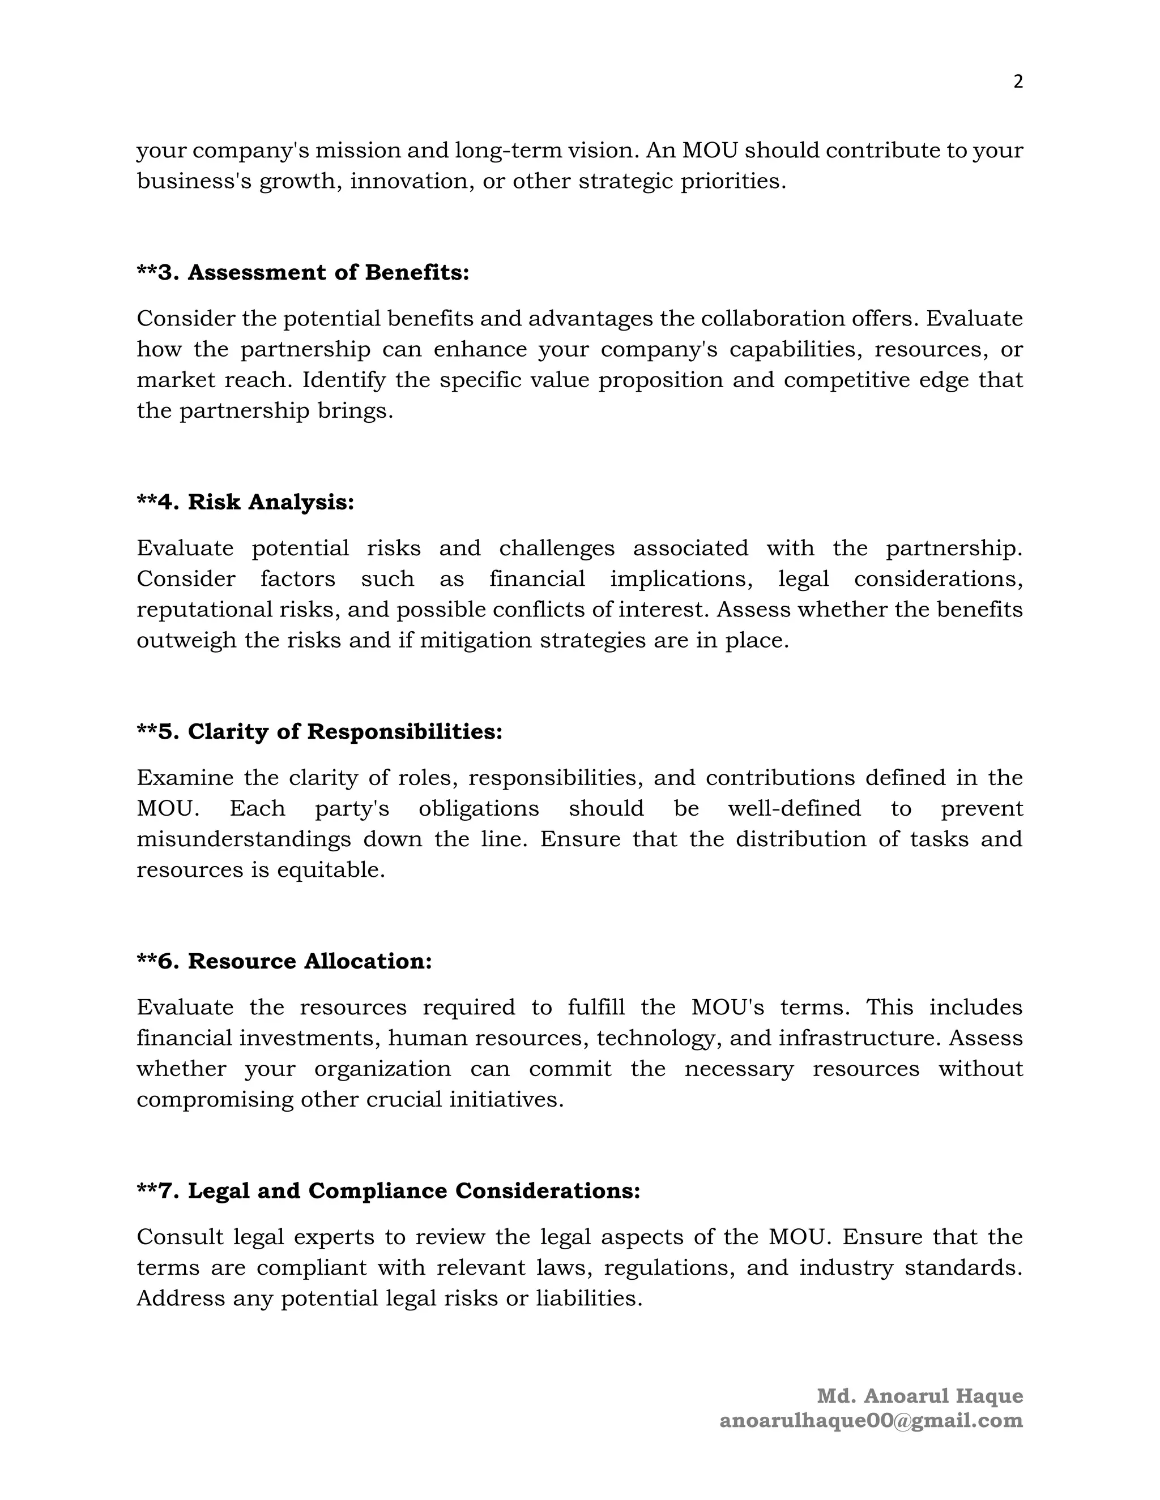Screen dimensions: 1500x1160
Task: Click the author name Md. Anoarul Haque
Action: [919, 1396]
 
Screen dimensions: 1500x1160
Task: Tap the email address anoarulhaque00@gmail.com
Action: [871, 1420]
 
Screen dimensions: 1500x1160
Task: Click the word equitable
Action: [331, 870]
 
